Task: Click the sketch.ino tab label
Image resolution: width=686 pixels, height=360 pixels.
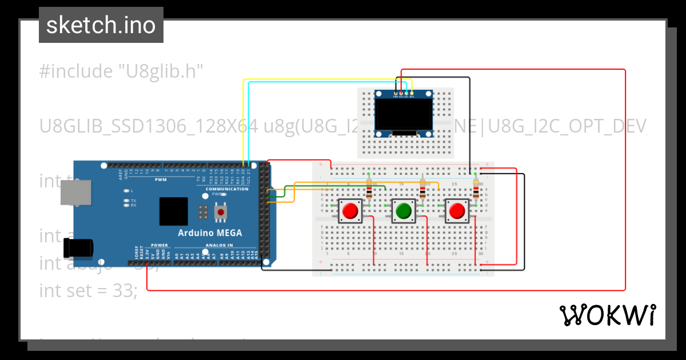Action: (x=101, y=25)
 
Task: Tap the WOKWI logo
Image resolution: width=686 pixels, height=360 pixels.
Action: (x=607, y=315)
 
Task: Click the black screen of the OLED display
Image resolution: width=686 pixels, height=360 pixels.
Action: (x=403, y=114)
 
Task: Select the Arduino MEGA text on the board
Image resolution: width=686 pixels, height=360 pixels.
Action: (x=209, y=233)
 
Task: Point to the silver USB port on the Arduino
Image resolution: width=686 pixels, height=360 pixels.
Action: (x=75, y=193)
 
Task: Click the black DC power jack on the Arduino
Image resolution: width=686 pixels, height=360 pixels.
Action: (x=78, y=248)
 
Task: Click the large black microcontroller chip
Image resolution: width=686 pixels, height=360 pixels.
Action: (x=174, y=211)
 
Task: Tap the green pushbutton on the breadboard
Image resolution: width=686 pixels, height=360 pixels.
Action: (x=404, y=211)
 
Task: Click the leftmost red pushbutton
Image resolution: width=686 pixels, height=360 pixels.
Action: (x=349, y=211)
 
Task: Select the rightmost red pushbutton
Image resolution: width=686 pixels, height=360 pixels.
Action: (x=457, y=211)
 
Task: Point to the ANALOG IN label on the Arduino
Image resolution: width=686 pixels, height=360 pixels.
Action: (x=218, y=246)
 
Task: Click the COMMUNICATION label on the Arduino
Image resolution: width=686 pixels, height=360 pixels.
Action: (x=227, y=189)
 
